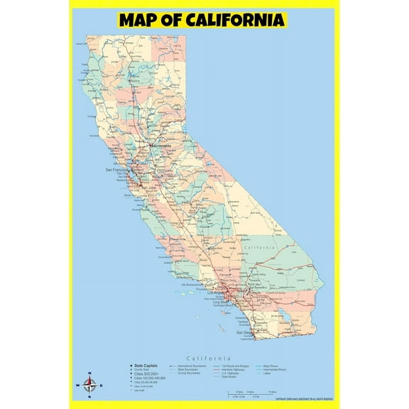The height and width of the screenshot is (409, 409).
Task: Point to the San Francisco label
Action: (119, 170)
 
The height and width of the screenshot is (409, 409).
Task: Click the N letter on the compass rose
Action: (89, 373)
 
